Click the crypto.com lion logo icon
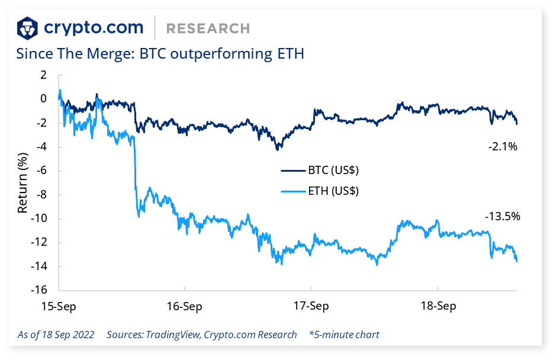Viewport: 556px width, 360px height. pyautogui.click(x=28, y=27)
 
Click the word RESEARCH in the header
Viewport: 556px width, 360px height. pyautogui.click(x=208, y=28)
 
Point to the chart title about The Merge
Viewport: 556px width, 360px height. pyautogui.click(x=160, y=54)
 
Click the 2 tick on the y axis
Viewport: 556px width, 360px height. pyautogui.click(x=43, y=75)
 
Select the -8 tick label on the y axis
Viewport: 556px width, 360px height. pyautogui.click(x=40, y=195)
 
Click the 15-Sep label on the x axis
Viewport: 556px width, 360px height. pyautogui.click(x=59, y=306)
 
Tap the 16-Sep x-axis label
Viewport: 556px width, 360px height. pyautogui.click(x=185, y=306)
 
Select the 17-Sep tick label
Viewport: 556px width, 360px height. pyautogui.click(x=311, y=306)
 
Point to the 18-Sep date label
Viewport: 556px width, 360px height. pyautogui.click(x=438, y=306)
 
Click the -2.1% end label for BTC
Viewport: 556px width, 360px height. pyautogui.click(x=503, y=146)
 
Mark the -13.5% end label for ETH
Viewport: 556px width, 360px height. pyautogui.click(x=502, y=216)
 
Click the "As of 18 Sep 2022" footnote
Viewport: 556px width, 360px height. pyautogui.click(x=56, y=335)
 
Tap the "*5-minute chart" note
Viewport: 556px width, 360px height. pyautogui.click(x=344, y=335)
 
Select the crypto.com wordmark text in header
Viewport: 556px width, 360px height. pyautogui.click(x=94, y=27)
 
